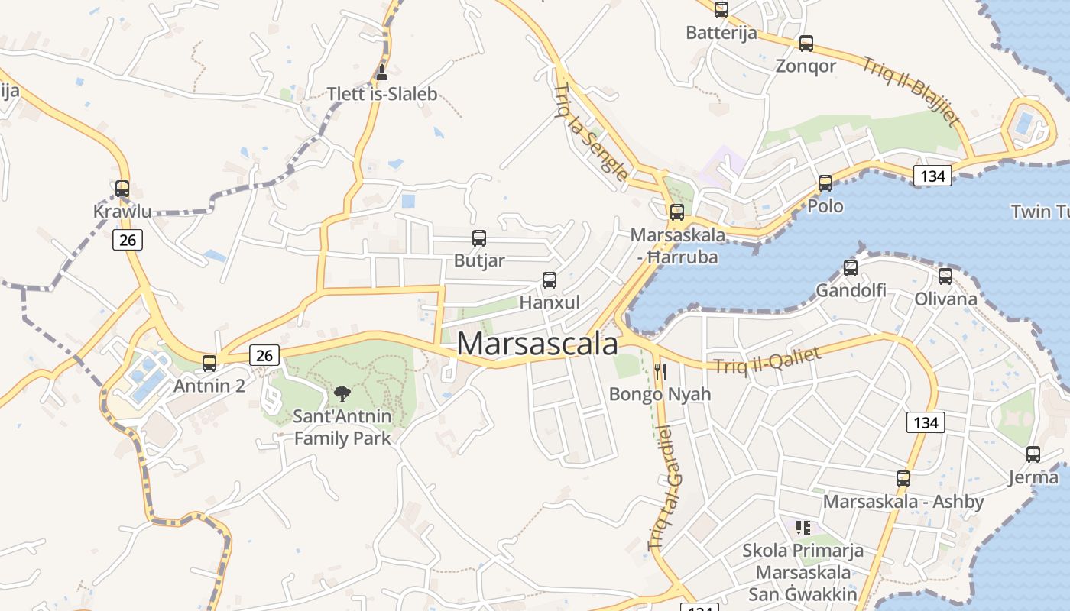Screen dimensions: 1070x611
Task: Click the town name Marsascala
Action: click(x=537, y=344)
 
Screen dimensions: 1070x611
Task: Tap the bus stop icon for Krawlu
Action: click(x=122, y=189)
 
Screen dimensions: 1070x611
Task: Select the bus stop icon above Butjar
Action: click(x=479, y=238)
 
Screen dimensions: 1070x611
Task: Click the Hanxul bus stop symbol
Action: click(x=550, y=280)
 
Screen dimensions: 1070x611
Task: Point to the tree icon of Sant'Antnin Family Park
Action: click(x=342, y=394)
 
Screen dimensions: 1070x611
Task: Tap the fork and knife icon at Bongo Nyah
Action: click(x=660, y=372)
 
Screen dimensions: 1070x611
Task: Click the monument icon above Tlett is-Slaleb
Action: click(x=382, y=73)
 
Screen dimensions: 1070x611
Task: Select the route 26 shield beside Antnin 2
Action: click(x=264, y=355)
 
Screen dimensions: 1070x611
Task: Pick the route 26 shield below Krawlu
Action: click(x=128, y=240)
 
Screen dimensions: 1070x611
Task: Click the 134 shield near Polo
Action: click(x=932, y=176)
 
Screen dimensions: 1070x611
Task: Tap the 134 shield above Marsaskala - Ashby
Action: click(x=926, y=422)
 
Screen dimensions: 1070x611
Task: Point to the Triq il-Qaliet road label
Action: click(x=767, y=360)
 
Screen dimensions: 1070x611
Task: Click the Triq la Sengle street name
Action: click(x=590, y=131)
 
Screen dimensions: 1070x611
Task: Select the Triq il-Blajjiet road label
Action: click(x=911, y=90)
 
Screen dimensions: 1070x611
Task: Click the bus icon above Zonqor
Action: click(x=806, y=44)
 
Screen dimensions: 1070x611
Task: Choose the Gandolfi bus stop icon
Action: click(x=851, y=268)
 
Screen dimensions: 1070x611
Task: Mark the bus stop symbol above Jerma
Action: click(x=1033, y=454)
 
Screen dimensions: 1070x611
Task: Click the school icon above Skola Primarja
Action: click(x=803, y=527)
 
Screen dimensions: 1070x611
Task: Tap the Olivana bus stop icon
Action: click(x=945, y=276)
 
